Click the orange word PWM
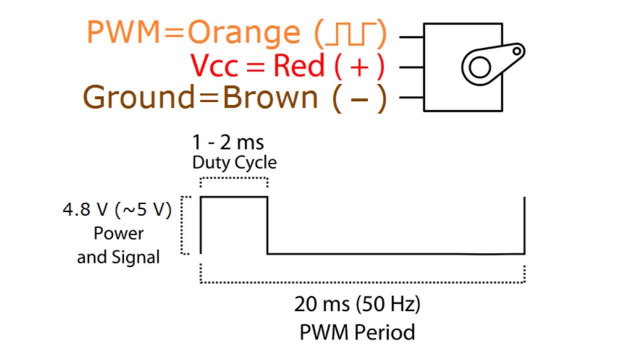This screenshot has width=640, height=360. point(122,32)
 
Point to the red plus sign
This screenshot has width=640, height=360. point(359,66)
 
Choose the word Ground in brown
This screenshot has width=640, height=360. point(138,97)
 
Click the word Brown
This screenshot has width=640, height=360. point(270,97)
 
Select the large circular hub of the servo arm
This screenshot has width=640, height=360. point(480,67)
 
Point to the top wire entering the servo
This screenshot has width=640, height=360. point(411,36)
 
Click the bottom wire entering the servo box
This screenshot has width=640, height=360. point(411,97)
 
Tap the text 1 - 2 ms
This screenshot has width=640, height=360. point(228,143)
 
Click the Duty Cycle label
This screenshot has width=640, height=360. point(234,162)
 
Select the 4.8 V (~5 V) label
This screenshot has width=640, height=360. point(117,210)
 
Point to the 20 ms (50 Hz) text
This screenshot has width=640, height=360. point(357,304)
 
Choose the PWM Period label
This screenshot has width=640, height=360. point(357,332)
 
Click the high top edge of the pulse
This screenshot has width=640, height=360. point(234,197)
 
